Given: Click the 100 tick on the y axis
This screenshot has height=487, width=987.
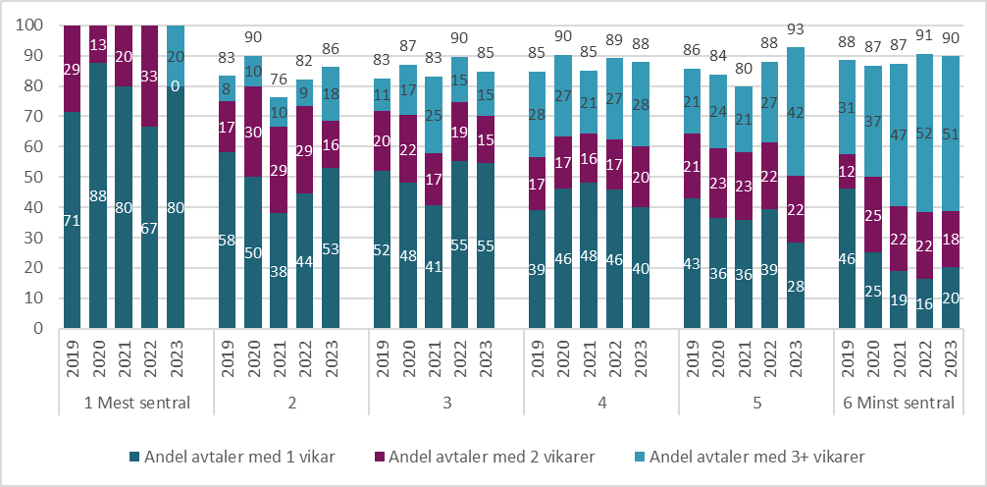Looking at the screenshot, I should [29, 26].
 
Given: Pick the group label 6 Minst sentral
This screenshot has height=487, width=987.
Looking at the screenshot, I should [899, 403].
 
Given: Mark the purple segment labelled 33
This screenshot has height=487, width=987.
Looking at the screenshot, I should [149, 76].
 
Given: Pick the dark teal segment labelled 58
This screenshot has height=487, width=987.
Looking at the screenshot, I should [227, 240].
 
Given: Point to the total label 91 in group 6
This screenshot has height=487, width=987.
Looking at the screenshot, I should [925, 42].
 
